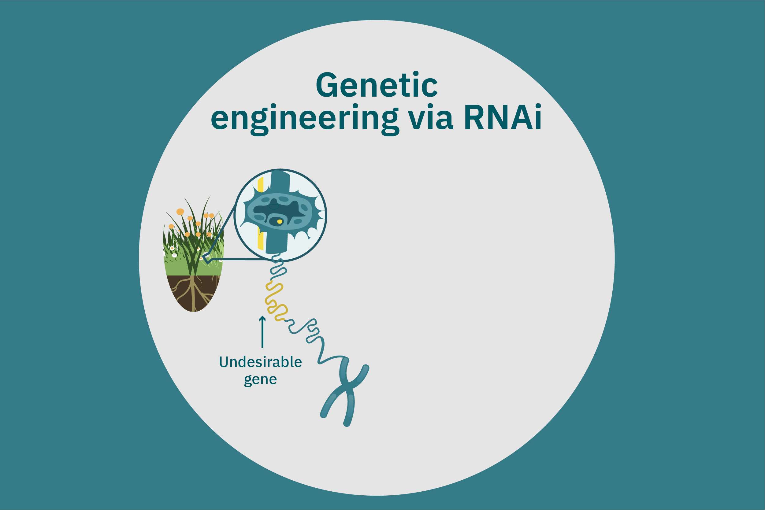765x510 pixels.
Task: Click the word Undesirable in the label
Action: coord(260,362)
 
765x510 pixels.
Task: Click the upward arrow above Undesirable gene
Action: coord(262,331)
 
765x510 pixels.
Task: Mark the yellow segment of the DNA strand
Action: coord(275,302)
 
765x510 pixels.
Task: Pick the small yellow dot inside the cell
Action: coord(280,221)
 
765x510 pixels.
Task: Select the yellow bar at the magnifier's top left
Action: coord(260,185)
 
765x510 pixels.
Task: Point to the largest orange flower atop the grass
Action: coord(180,212)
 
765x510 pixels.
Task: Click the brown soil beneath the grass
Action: coord(193,293)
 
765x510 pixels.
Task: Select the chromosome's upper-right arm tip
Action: coord(366,368)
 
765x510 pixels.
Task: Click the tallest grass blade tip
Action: coord(210,195)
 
